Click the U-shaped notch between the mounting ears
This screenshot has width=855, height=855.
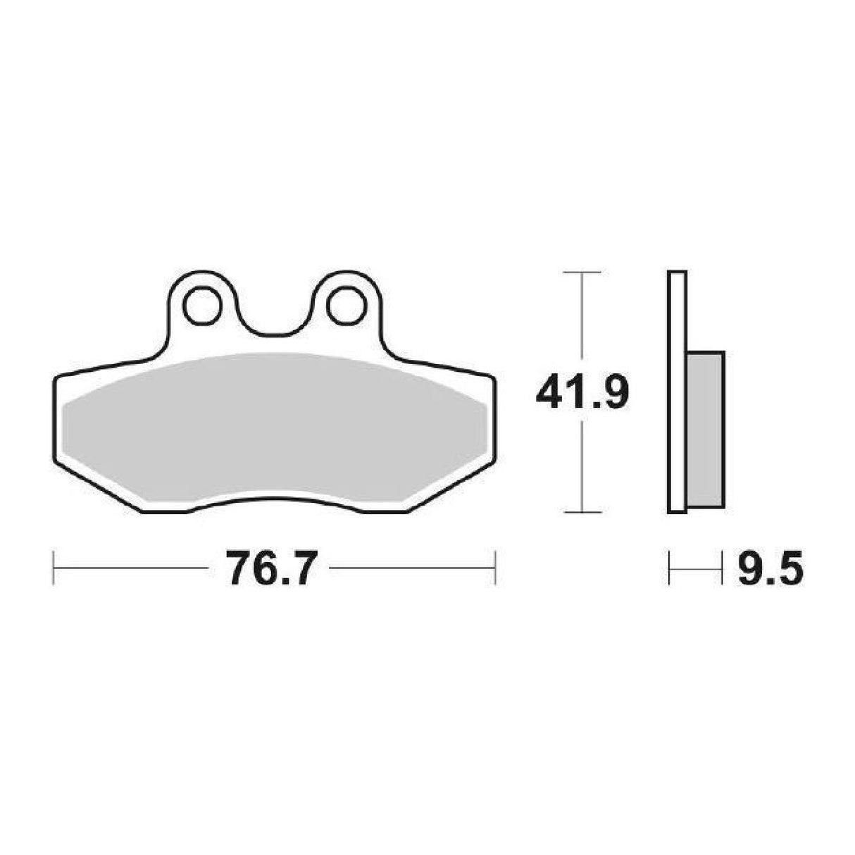pyautogui.click(x=272, y=317)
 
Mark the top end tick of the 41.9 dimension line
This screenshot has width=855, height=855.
pyautogui.click(x=582, y=272)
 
